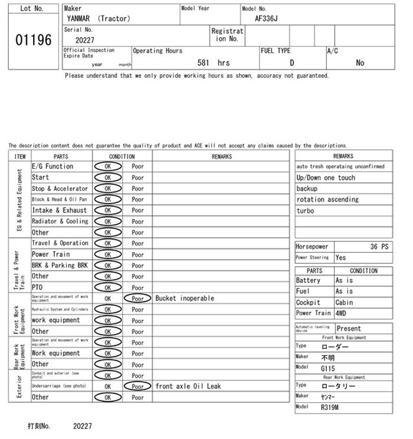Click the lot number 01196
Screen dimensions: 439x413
tap(32, 40)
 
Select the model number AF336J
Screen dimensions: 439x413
tap(266, 18)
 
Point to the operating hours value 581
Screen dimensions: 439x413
tap(204, 63)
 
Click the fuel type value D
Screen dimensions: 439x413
tap(291, 63)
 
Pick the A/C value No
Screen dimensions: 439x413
tap(360, 63)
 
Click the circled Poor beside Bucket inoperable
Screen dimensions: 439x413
tap(137, 299)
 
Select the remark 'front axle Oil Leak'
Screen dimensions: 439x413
tap(188, 386)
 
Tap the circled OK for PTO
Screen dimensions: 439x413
tap(107, 287)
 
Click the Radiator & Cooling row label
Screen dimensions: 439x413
tap(60, 221)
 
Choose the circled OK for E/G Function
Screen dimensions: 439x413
tap(107, 166)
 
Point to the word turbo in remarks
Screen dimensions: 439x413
tap(305, 211)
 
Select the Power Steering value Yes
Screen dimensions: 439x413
tap(341, 258)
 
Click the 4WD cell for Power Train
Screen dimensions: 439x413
tap(342, 313)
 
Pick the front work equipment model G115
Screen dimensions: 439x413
tap(327, 368)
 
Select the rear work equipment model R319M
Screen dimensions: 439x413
tap(330, 407)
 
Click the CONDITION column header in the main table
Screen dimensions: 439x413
tap(122, 156)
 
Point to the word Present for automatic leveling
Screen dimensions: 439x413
tap(349, 329)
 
